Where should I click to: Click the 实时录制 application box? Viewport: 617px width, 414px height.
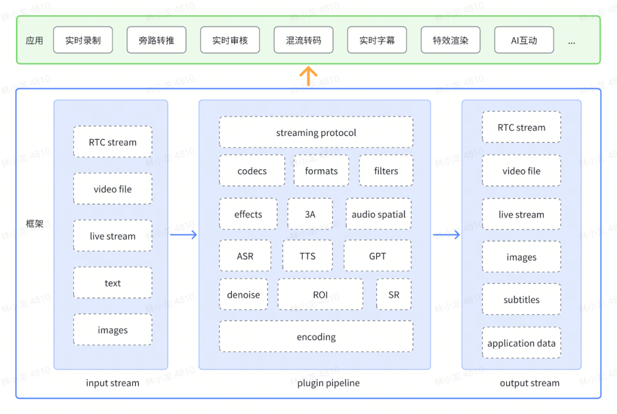[x=83, y=40]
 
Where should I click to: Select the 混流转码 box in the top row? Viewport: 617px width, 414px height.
[x=303, y=40]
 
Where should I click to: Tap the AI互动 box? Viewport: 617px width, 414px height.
[x=524, y=40]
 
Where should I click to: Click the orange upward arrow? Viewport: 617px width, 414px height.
[x=308, y=77]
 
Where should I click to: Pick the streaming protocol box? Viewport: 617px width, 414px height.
[x=316, y=132]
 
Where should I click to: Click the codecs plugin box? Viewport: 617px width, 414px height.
[x=253, y=170]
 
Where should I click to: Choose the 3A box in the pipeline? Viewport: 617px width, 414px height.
[x=310, y=214]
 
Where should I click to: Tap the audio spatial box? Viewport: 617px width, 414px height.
[x=379, y=214]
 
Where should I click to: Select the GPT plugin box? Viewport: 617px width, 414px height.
[x=378, y=256]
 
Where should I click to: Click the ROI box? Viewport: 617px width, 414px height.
[x=320, y=294]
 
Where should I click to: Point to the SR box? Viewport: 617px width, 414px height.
[x=394, y=294]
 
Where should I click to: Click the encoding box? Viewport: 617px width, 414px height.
[x=316, y=336]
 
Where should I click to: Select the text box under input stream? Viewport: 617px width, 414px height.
[x=113, y=283]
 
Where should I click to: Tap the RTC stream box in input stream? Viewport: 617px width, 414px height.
[x=113, y=142]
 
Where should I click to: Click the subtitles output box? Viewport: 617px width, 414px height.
[x=522, y=299]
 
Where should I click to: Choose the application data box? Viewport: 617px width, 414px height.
[x=522, y=343]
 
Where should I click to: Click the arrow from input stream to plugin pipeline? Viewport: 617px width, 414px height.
[x=183, y=235]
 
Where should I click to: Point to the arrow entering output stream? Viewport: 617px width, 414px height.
[x=446, y=235]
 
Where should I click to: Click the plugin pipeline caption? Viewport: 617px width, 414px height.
[x=328, y=383]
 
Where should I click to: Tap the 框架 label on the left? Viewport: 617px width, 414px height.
[x=34, y=223]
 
